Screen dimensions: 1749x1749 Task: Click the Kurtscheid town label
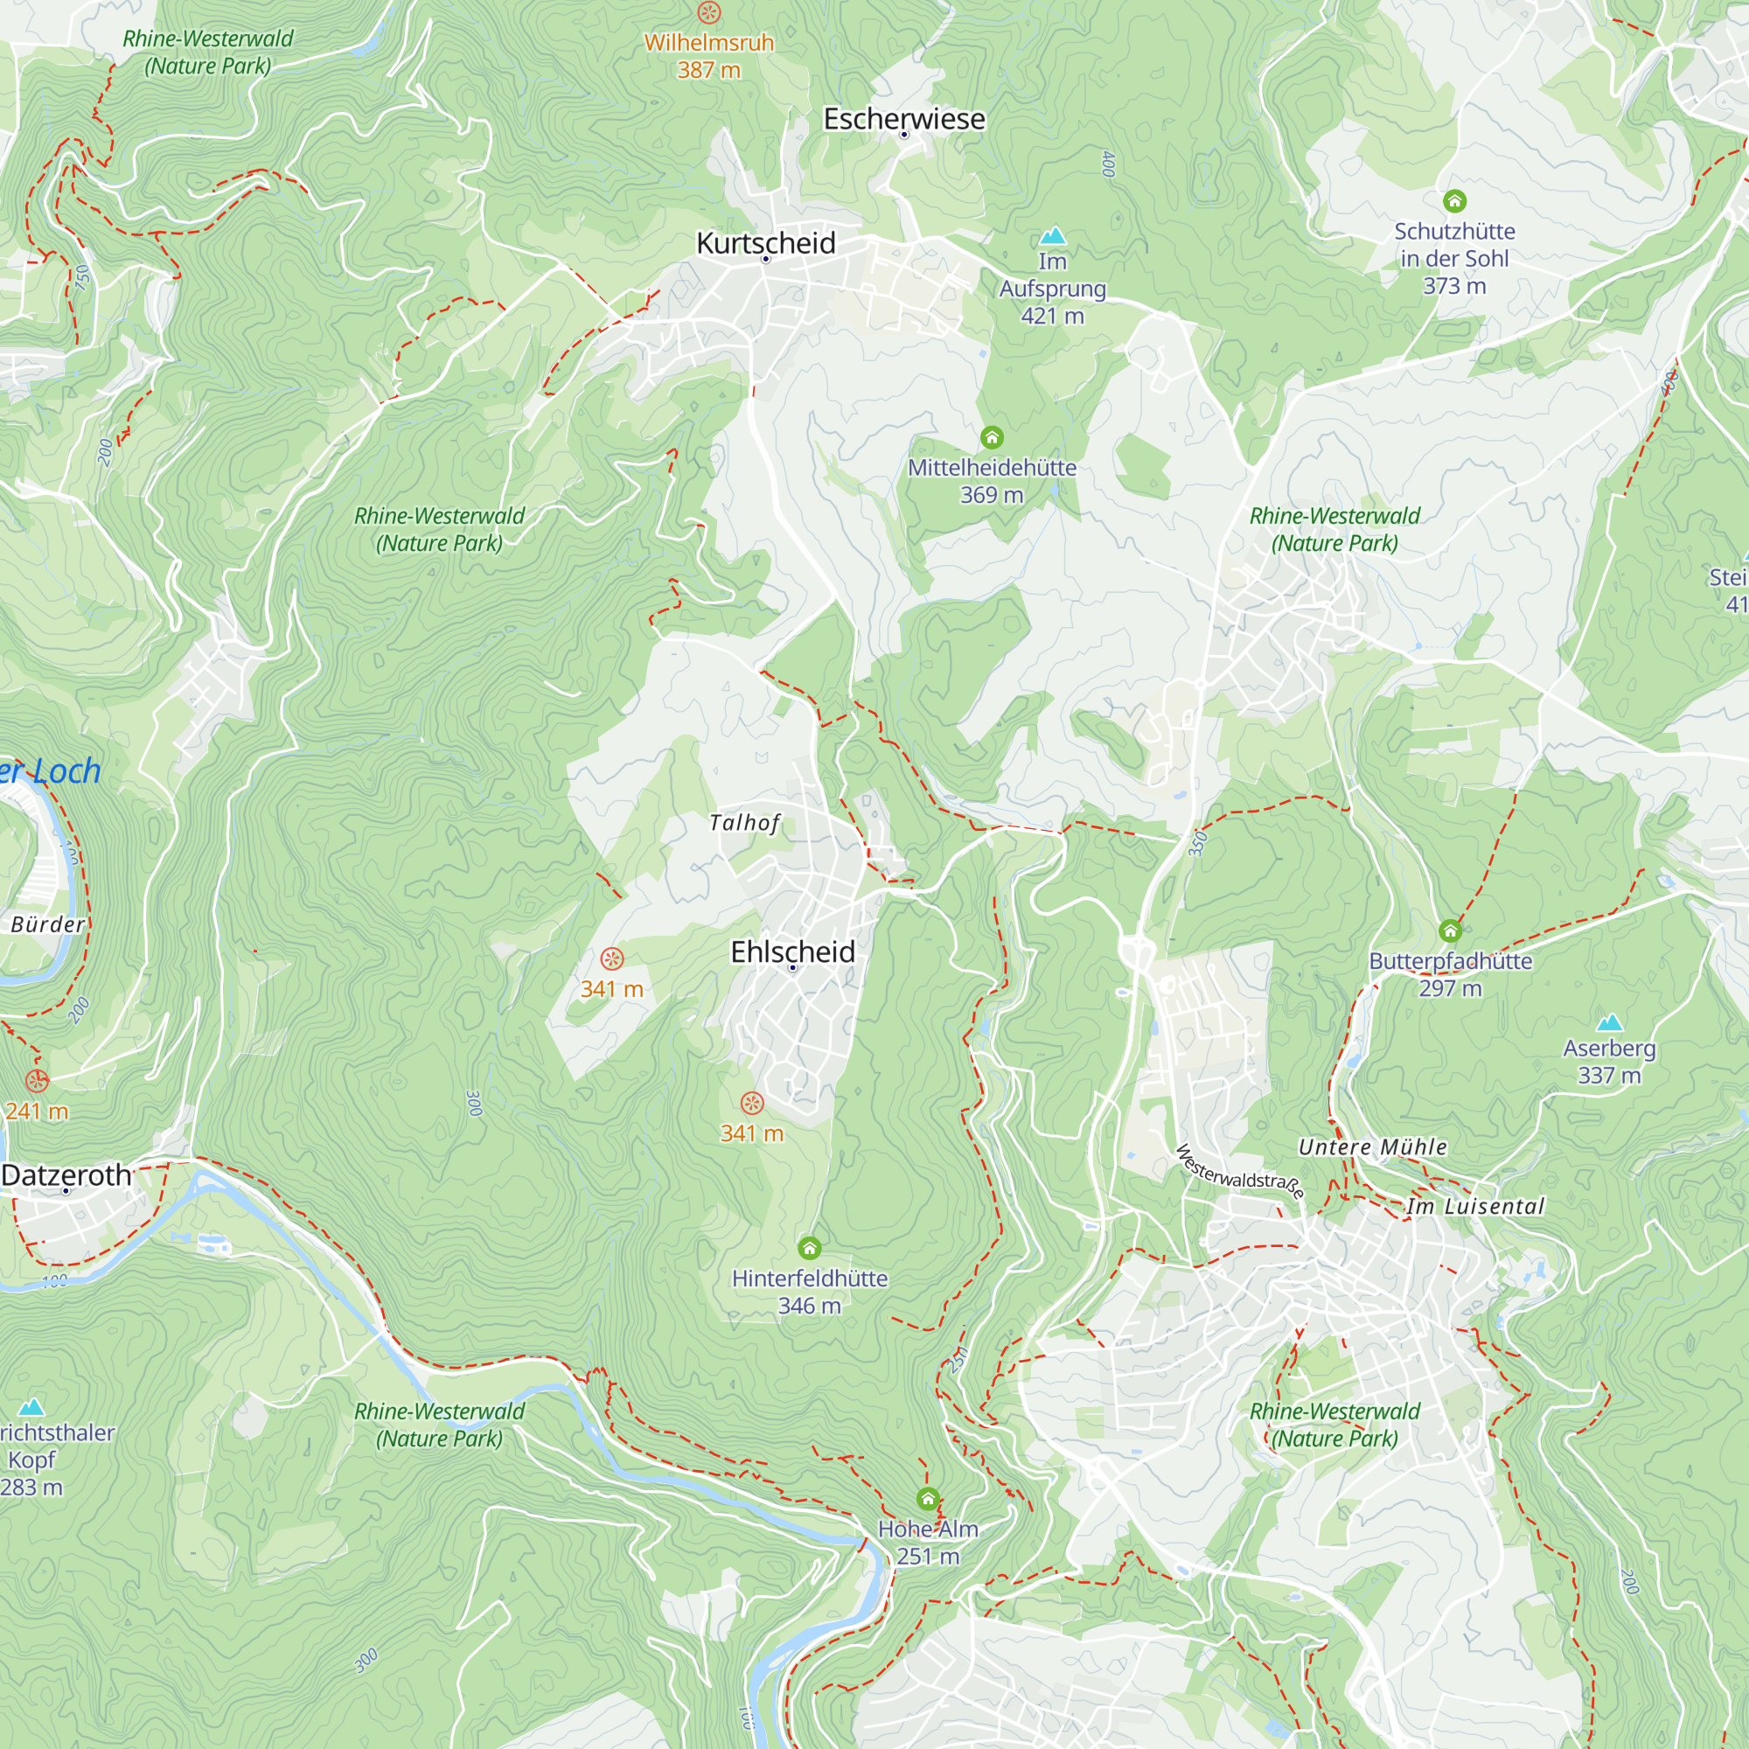coord(765,242)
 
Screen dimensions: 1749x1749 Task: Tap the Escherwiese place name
coord(903,119)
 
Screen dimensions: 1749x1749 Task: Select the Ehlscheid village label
coord(792,951)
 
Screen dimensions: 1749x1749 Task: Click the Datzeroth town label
coord(66,1175)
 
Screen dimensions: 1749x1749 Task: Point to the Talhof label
coord(743,822)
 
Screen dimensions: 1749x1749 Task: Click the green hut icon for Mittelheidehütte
coord(992,438)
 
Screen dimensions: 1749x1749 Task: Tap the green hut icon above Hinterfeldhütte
coord(809,1249)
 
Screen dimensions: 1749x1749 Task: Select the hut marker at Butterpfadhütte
coord(1449,930)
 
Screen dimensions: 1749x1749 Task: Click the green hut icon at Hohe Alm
coord(927,1498)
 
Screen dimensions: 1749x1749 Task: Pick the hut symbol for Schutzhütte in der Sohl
coord(1454,201)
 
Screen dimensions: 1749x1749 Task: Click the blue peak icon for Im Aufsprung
coord(1052,236)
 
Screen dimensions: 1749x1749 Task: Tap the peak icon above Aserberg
coord(1609,1023)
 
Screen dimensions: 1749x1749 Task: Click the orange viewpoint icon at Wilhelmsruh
coord(709,12)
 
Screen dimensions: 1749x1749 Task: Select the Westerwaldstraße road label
coord(1239,1172)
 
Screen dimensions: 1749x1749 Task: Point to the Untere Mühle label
coord(1372,1147)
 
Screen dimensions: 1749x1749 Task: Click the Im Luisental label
coord(1474,1206)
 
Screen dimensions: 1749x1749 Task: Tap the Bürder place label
coord(48,924)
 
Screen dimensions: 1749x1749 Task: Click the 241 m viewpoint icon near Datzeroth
coord(37,1081)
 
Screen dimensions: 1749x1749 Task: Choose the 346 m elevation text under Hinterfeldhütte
coord(809,1306)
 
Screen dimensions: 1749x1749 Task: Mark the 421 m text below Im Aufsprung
coord(1052,316)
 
